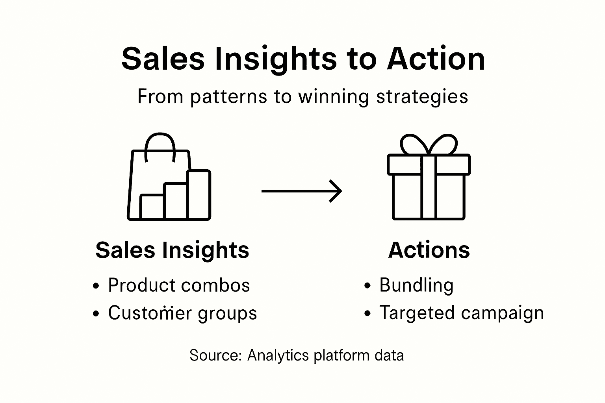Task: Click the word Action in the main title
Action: pos(436,59)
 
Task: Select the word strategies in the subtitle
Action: pos(422,97)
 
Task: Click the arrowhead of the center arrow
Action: pos(336,191)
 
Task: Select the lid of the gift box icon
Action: pos(429,165)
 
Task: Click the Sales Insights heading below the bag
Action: pos(172,250)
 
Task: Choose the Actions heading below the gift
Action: pos(429,250)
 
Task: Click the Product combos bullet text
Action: pos(179,285)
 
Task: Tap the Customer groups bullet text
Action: pos(182,313)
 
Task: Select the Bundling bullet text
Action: pos(416,285)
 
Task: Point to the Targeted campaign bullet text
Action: pos(461,313)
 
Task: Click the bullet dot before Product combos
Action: pos(96,286)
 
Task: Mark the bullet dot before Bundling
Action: pos(367,286)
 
